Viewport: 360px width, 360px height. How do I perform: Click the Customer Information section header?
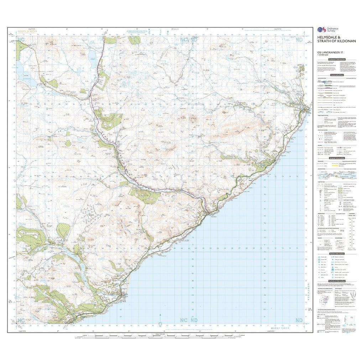coord(336,60)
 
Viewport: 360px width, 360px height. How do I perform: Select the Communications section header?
coord(336,75)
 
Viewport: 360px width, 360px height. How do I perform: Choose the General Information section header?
coord(336,159)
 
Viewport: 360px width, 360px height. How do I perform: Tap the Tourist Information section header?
coord(336,253)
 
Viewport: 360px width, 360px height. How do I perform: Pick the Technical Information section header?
coord(336,281)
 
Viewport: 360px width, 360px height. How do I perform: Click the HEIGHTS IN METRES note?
coord(27,32)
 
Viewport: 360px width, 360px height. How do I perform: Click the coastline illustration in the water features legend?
coord(336,174)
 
